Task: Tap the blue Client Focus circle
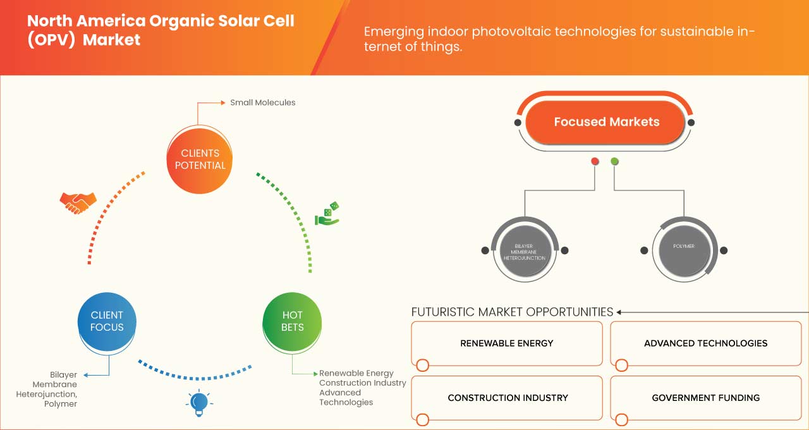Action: coord(107,321)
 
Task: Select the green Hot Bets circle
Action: coord(292,321)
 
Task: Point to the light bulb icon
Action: coord(199,403)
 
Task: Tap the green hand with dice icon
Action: coord(327,215)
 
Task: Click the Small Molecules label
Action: coord(262,102)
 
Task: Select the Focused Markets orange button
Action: coord(606,122)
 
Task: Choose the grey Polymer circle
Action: coord(684,247)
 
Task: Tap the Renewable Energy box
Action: coord(506,343)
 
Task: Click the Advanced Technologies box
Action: coord(705,343)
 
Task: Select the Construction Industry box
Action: coord(508,398)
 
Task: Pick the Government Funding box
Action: coord(705,398)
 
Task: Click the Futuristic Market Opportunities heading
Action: coord(512,312)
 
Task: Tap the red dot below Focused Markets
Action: coord(595,162)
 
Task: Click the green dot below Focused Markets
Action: coord(614,162)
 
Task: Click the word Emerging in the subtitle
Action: coord(393,32)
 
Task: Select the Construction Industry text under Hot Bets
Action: coord(362,383)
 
